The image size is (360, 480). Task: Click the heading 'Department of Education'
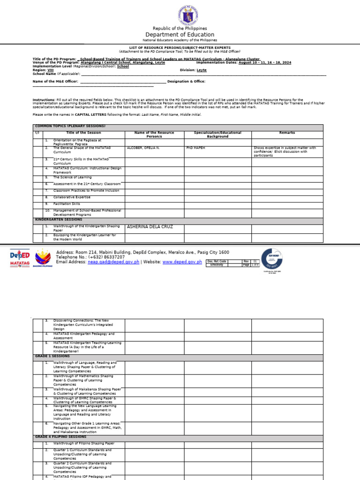[180, 35]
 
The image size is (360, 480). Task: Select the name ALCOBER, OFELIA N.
[143, 148]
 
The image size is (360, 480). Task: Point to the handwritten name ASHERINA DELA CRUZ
[150, 227]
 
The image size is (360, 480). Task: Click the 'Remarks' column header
[287, 133]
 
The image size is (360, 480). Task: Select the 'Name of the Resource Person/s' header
[154, 135]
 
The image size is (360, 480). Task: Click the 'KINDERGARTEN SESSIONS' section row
[59, 219]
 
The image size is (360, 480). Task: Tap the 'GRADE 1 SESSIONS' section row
[52, 356]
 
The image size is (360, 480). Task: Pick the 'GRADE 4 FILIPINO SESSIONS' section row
[61, 436]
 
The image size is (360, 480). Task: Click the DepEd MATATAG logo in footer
[20, 258]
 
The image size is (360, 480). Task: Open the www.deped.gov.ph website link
[182, 262]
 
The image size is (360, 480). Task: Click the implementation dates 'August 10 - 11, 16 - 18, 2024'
[265, 62]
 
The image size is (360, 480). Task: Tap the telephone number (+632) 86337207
[106, 257]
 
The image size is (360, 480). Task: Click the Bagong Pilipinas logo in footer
[43, 258]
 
